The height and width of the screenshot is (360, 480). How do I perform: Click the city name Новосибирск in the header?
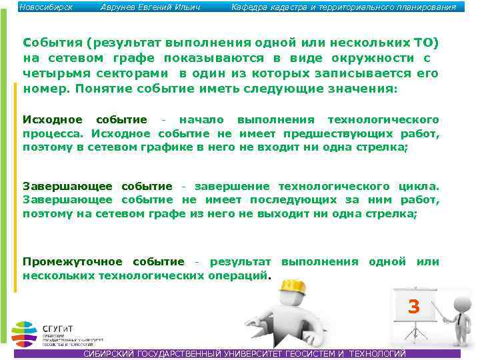(46, 7)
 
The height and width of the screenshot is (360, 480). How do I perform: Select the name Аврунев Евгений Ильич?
(150, 7)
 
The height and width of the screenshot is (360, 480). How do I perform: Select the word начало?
(203, 120)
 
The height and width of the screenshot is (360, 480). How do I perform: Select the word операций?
(237, 275)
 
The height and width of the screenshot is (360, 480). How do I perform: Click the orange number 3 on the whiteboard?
(414, 307)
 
